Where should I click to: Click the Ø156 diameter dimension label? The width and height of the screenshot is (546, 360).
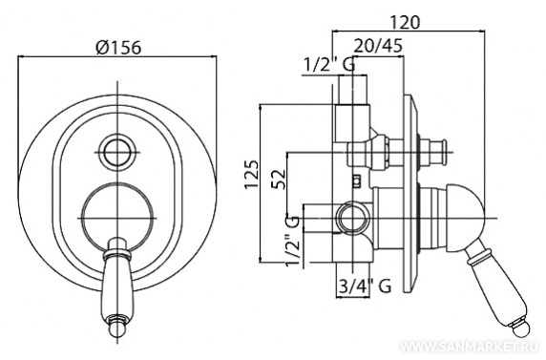click(119, 47)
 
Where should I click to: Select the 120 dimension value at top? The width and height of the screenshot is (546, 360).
click(405, 22)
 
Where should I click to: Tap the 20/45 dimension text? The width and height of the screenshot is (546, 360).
click(378, 45)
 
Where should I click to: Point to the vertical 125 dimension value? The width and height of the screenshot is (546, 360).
click(251, 174)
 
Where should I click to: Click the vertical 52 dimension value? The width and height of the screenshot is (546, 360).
click(279, 179)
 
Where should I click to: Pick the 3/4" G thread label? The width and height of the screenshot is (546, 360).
click(365, 286)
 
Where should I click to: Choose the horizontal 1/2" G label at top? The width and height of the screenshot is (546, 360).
click(329, 65)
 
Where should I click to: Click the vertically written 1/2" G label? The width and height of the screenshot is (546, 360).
click(292, 241)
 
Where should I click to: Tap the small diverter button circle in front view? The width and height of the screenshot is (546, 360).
click(117, 152)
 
